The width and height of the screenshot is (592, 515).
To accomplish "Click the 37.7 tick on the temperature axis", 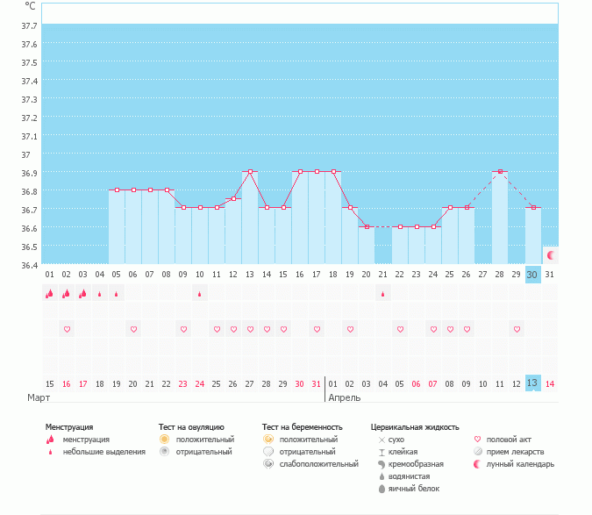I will pyautogui.click(x=29, y=25).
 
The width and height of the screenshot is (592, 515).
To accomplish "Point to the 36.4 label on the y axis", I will pyautogui.click(x=29, y=264).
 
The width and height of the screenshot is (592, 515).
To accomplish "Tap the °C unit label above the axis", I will pyautogui.click(x=30, y=6).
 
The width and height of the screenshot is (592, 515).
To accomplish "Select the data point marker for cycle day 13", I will pyautogui.click(x=251, y=172).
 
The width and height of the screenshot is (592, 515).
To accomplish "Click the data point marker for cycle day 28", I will pyautogui.click(x=500, y=172).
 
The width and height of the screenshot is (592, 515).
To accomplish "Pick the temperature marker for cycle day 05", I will pyautogui.click(x=117, y=190).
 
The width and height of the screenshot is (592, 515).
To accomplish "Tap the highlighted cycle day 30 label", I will pyautogui.click(x=532, y=275).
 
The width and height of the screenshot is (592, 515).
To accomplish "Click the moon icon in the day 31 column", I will pyautogui.click(x=551, y=255).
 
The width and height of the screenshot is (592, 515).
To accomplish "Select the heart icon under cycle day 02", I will pyautogui.click(x=67, y=329).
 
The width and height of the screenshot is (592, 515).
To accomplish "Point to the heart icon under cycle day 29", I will pyautogui.click(x=517, y=329).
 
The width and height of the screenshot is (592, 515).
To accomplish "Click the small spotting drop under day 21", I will pyautogui.click(x=383, y=294).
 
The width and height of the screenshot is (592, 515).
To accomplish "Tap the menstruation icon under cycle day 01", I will pyautogui.click(x=50, y=294).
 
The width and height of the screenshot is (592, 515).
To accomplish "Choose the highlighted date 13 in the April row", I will pyautogui.click(x=532, y=383).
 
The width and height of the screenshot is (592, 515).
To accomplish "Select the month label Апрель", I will pyautogui.click(x=344, y=397).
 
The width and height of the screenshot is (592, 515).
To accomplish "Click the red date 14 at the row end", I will pyautogui.click(x=550, y=383).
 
